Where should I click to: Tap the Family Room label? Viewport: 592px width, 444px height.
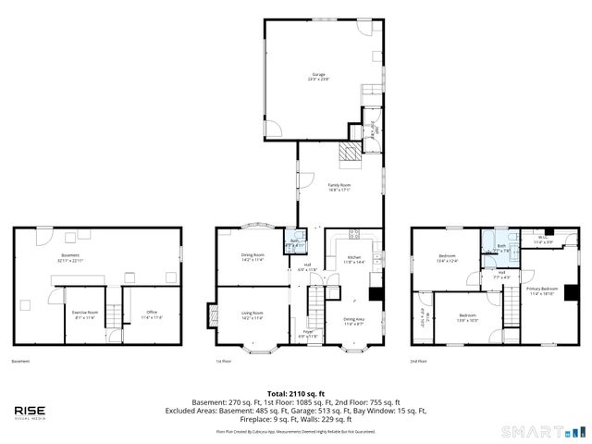339,188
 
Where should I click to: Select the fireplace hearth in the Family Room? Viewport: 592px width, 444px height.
349,154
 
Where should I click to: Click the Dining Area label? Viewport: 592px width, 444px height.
354,321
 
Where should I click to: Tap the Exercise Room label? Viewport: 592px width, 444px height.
86,315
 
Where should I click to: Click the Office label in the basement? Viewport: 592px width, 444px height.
151,315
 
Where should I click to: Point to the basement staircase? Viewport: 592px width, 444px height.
114,315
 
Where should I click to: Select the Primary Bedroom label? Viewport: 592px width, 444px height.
542,290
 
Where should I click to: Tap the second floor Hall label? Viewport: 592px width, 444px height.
501,275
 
